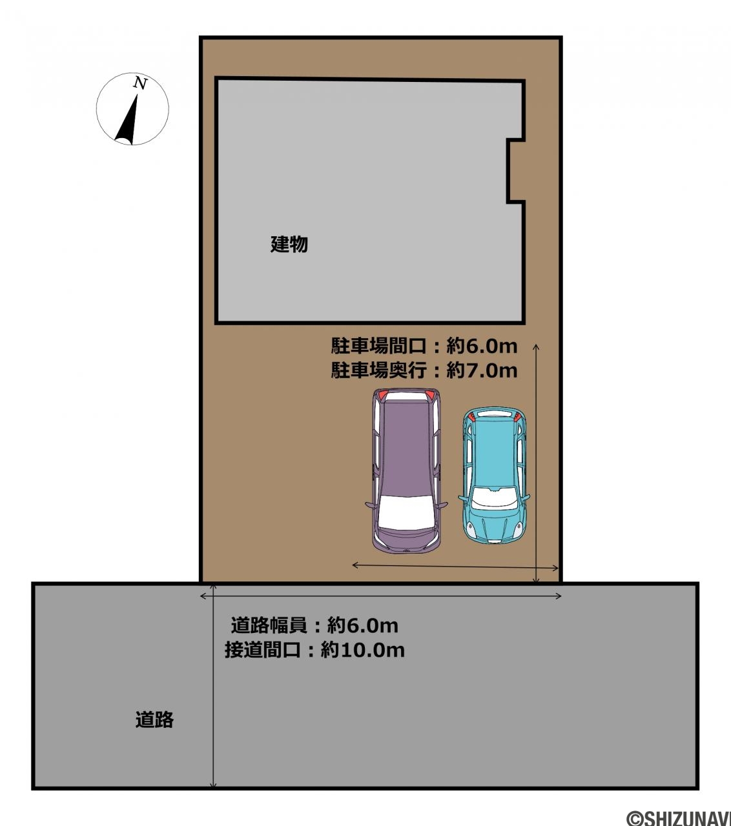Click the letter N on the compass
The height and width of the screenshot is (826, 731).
[140, 83]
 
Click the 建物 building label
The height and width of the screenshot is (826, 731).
[289, 244]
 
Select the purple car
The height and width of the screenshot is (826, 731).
[406, 470]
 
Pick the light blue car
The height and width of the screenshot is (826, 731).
[494, 476]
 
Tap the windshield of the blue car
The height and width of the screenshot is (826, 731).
[494, 498]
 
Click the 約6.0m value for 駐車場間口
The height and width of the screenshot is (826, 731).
[482, 346]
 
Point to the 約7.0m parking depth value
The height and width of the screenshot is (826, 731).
[482, 370]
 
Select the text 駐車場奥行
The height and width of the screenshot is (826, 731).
[379, 370]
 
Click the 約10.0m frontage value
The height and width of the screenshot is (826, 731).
[363, 650]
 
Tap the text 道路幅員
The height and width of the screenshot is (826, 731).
[269, 625]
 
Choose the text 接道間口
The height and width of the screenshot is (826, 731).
[263, 650]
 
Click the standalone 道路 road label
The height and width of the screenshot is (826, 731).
[154, 720]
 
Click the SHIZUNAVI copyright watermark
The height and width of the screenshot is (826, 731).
[679, 817]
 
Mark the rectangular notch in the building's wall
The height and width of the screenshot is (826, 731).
[515, 170]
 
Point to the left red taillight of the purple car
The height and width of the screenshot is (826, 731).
[383, 395]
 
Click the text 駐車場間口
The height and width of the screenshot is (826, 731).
[379, 346]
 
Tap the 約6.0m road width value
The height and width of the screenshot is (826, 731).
[363, 625]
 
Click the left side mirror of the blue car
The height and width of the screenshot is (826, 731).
[464, 498]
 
